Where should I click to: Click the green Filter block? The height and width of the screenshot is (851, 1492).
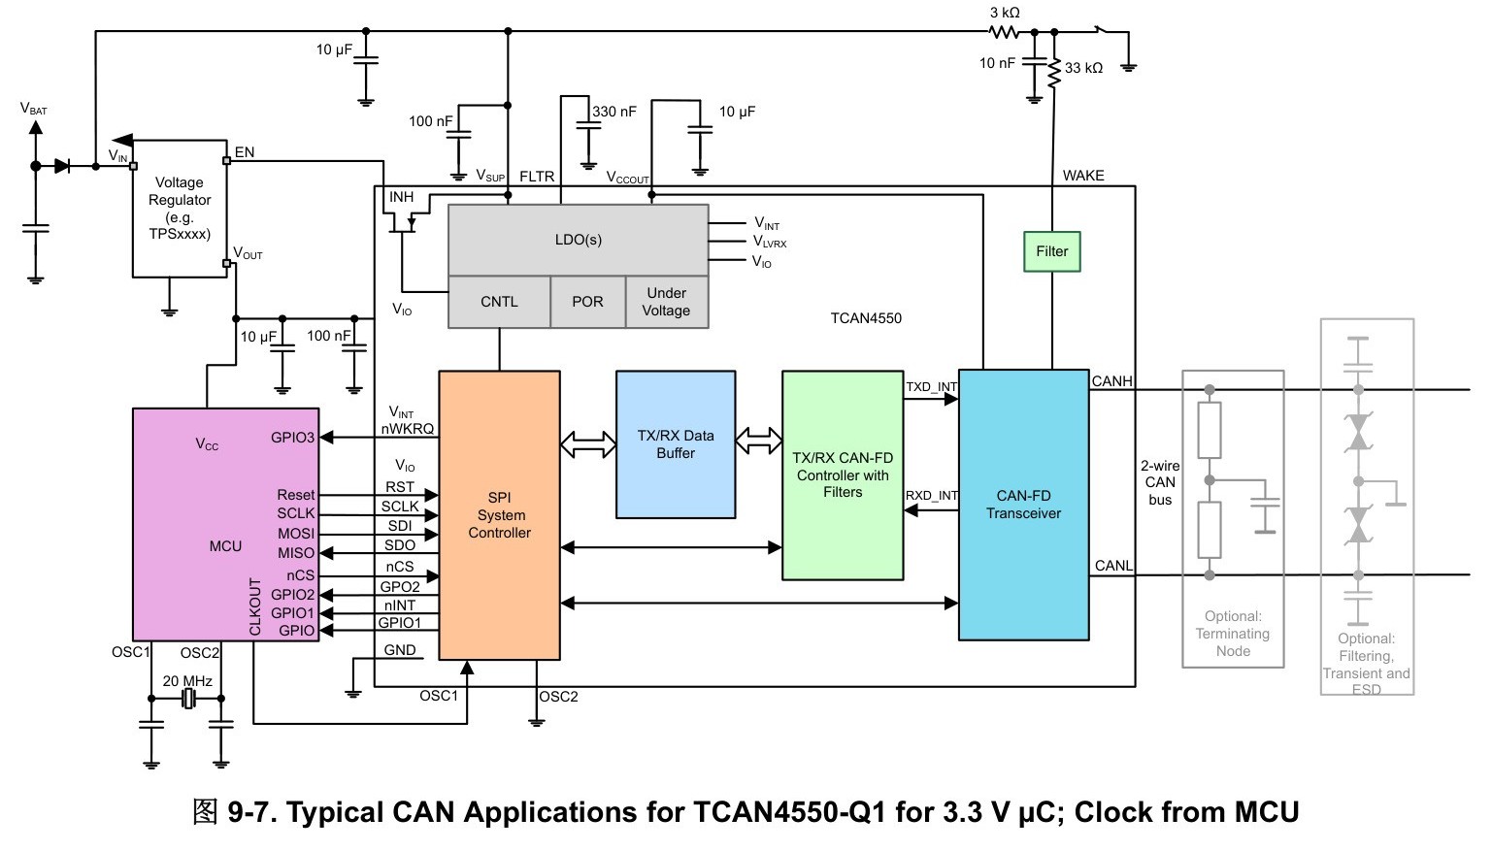[1051, 251]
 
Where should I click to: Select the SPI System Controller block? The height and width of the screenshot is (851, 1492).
[500, 515]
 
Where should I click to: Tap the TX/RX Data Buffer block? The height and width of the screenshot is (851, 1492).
[676, 444]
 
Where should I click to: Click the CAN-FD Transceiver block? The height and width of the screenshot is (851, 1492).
[1024, 505]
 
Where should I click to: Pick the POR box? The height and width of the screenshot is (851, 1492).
[587, 302]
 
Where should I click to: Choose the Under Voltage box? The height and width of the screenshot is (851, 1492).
[667, 302]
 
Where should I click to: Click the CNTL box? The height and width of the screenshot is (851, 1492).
[500, 302]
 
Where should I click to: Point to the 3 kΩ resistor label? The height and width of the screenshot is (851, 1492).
[1005, 13]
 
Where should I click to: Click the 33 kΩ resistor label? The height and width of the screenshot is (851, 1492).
[1083, 68]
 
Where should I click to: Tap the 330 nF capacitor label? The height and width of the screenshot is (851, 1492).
[614, 112]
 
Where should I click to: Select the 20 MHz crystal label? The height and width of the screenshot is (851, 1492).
[187, 681]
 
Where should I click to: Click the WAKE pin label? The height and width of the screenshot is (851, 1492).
[1083, 175]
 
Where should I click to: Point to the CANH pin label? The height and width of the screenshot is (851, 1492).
[1111, 381]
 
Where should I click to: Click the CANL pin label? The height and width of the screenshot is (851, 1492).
[1113, 566]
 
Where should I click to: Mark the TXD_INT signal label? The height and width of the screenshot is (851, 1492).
[931, 387]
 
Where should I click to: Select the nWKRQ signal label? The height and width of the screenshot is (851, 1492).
[407, 429]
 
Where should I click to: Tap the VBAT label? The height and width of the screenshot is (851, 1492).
[33, 110]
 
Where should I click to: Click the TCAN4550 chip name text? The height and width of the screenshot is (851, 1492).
[866, 318]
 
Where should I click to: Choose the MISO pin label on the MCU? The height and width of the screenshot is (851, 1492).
[296, 553]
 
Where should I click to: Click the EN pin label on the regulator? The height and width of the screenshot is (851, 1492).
[245, 151]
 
